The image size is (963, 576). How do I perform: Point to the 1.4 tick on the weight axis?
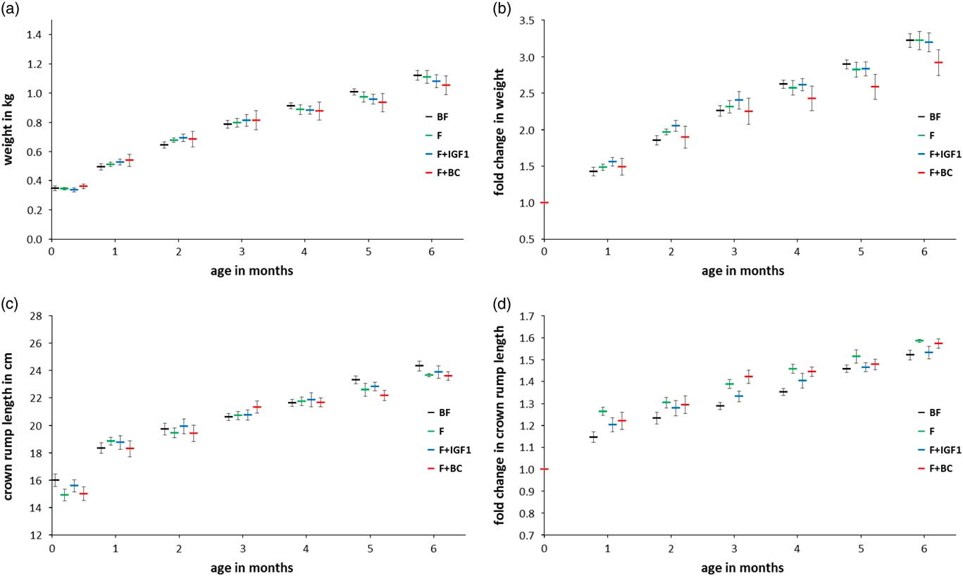[x=36, y=35]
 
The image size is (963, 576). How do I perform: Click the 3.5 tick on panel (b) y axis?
[x=529, y=20]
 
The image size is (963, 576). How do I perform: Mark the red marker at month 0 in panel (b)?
[x=544, y=202]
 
